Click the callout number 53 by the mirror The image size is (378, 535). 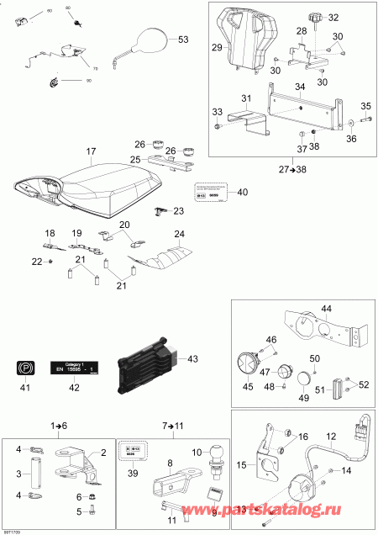pos(184,40)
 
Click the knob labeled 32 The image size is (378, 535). pos(318,18)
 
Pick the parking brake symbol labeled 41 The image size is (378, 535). pos(24,367)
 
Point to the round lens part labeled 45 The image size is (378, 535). pos(248,363)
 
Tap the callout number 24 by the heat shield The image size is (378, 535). pos(178,233)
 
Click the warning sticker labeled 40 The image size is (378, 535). pos(212,192)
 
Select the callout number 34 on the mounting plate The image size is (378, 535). pos(300,86)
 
